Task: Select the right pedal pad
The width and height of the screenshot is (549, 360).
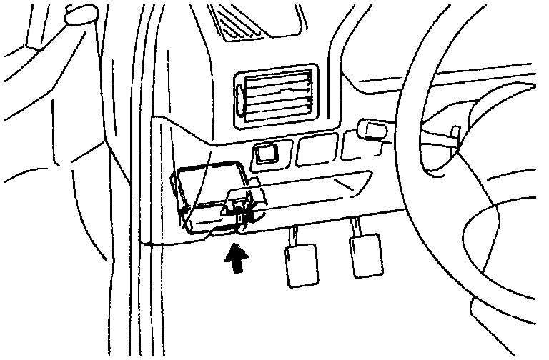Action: coord(365,257)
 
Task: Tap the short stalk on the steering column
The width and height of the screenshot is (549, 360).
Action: coord(454,134)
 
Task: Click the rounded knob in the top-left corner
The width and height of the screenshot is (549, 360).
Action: coord(81,15)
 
